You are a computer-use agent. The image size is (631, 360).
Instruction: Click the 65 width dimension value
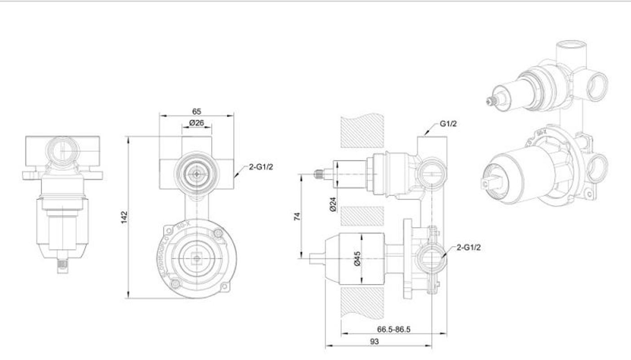(x=197, y=111)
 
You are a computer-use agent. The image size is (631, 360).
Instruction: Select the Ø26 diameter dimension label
(x=196, y=122)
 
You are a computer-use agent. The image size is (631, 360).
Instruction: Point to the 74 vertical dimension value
(x=297, y=216)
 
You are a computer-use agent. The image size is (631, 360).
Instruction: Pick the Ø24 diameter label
(x=333, y=204)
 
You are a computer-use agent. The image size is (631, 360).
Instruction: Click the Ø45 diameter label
(x=357, y=258)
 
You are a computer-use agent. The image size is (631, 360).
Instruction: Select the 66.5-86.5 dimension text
(x=393, y=329)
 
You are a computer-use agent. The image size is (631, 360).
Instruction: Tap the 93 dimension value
(x=374, y=342)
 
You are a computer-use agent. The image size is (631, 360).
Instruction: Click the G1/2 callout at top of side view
(x=448, y=124)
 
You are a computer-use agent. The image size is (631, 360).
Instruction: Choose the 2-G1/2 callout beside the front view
(x=261, y=167)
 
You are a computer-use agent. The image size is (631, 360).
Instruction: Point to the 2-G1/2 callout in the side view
(x=468, y=247)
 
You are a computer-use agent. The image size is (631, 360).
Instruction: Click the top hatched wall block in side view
(x=362, y=131)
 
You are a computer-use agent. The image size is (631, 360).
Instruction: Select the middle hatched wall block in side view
(x=362, y=216)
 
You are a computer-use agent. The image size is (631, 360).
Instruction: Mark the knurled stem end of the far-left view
(x=62, y=266)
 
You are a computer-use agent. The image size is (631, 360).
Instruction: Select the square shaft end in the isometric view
(x=485, y=183)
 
